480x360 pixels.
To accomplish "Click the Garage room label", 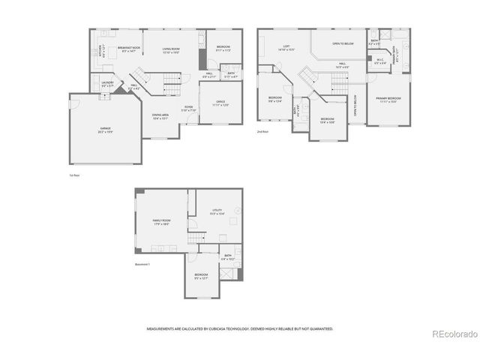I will click(105, 129).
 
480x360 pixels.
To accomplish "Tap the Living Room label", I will click(175, 49).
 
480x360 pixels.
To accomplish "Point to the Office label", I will click(220, 103).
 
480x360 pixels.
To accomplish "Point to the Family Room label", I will click(161, 220).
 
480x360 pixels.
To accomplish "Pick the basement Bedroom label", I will click(201, 275).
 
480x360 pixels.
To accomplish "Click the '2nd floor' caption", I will click(262, 131).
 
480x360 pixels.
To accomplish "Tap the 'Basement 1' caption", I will click(143, 264).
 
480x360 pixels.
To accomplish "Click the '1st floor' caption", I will click(73, 175).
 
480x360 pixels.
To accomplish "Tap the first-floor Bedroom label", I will click(223, 48).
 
